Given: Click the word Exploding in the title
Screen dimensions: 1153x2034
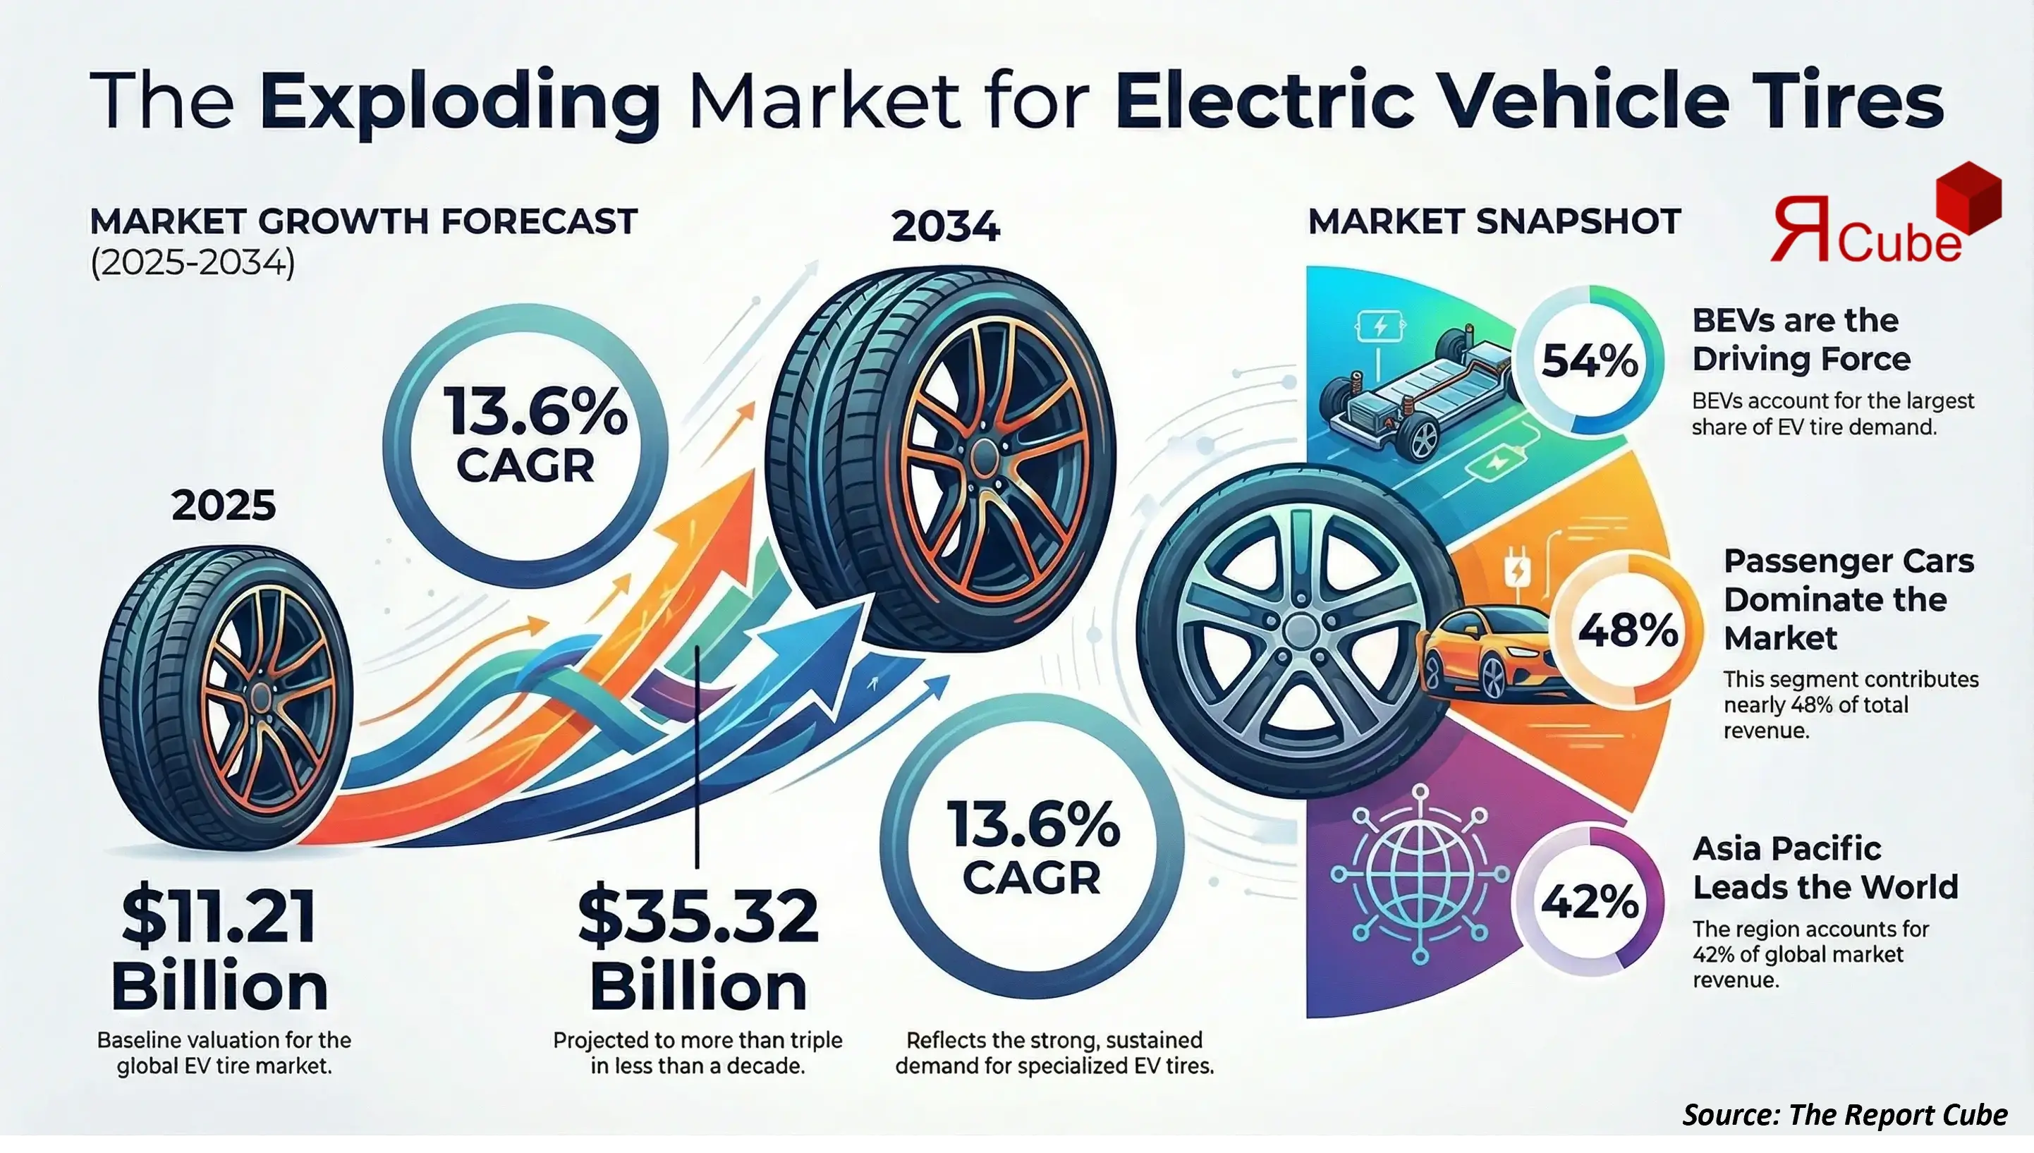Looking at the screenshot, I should (459, 103).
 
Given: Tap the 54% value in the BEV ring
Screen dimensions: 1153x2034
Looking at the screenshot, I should (1590, 361).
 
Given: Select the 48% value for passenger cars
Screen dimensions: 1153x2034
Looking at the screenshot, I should (1628, 631).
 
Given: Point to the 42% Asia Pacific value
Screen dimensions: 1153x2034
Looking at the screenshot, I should (1590, 902).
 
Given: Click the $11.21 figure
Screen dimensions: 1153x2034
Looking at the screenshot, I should (219, 917).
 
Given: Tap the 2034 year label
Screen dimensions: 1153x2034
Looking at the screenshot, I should (945, 226).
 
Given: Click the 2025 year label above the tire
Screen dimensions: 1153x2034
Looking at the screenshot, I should (224, 505).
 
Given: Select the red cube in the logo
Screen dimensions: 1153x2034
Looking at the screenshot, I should (1968, 198).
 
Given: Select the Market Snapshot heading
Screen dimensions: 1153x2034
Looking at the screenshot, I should (1494, 221).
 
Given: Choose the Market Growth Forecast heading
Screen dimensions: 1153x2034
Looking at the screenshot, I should (363, 221).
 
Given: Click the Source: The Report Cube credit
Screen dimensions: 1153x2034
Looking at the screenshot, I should (1845, 1115).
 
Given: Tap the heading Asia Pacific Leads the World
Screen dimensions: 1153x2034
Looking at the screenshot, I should (1825, 868).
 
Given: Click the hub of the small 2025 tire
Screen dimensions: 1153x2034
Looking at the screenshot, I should (260, 698).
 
